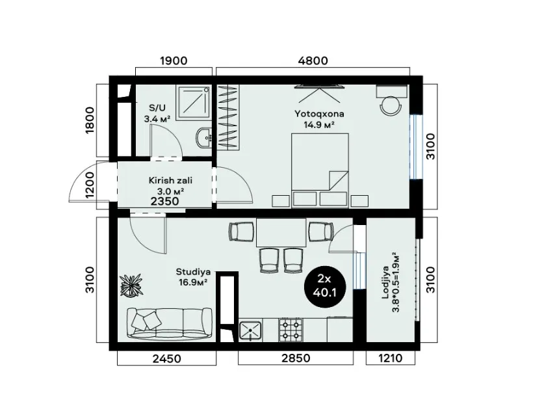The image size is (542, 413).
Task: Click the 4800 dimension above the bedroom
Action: (313, 60)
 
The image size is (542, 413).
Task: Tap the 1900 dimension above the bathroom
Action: (174, 60)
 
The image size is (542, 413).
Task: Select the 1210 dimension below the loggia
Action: (391, 358)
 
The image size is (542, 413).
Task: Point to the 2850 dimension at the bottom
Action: (296, 358)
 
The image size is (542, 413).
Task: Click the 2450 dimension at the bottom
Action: (166, 358)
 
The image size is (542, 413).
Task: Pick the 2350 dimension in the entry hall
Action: (165, 201)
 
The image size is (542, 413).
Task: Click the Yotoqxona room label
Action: (319, 113)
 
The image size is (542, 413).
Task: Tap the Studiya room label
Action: (193, 271)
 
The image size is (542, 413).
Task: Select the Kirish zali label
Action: (170, 181)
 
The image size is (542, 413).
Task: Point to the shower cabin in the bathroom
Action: (193, 103)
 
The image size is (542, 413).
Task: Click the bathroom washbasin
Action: (204, 138)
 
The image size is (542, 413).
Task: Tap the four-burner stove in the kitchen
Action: (290, 330)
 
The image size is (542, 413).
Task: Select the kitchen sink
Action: (250, 331)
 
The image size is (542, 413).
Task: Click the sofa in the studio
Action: (170, 323)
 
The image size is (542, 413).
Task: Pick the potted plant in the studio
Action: (131, 285)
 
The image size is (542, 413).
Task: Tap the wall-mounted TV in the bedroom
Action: (319, 87)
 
